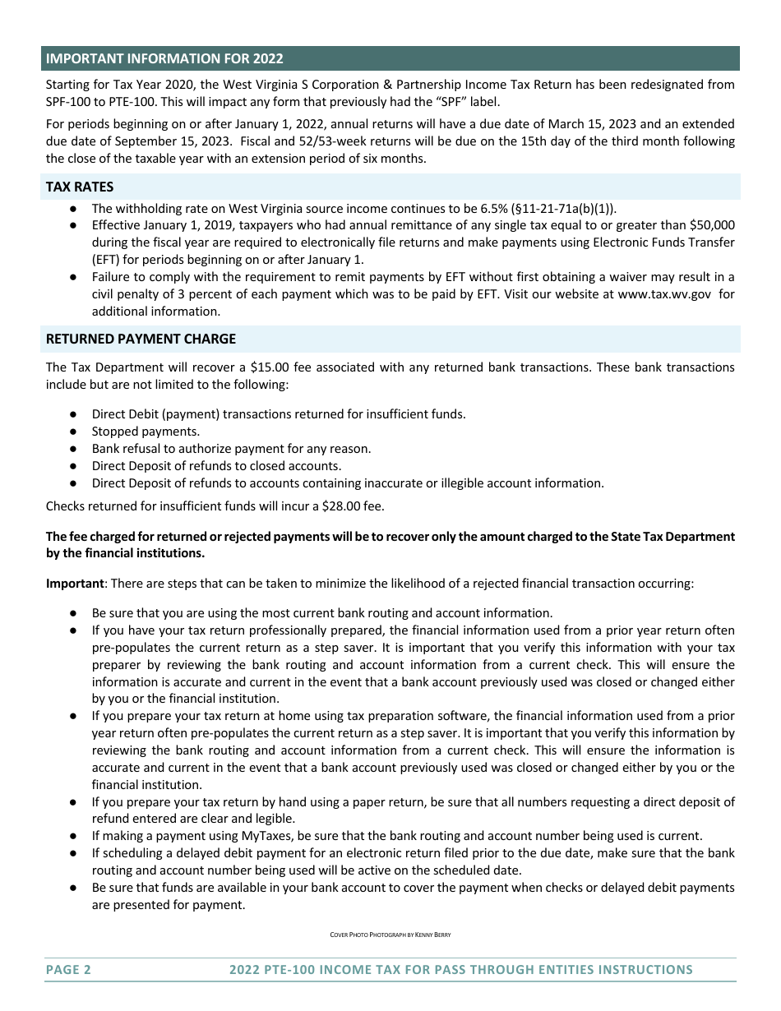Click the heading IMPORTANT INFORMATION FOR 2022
[164, 58]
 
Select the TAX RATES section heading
[80, 187]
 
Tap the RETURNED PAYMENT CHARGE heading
[141, 339]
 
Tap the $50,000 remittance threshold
[712, 225]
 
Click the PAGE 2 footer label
[68, 970]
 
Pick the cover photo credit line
[390, 935]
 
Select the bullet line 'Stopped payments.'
[146, 431]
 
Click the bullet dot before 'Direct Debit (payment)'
[74, 414]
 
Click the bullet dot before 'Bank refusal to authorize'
[74, 449]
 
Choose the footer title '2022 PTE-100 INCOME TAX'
[461, 970]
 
